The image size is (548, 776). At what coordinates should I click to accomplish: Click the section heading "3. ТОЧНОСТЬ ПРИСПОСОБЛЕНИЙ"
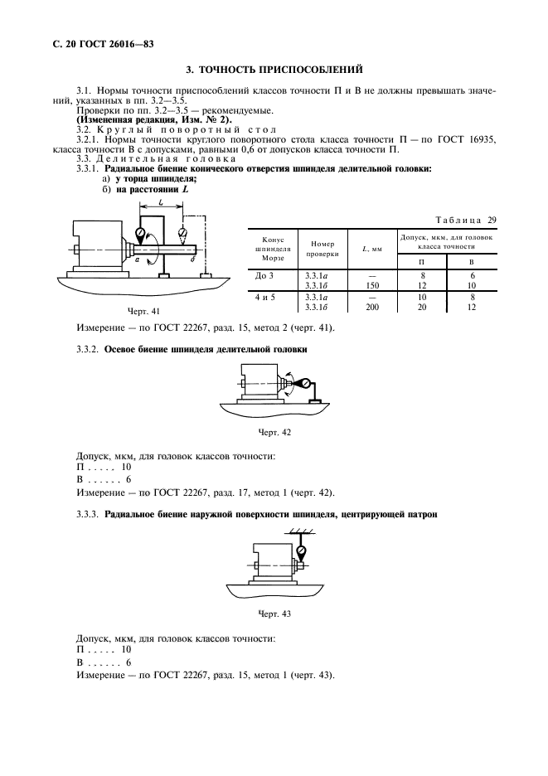pos(274,69)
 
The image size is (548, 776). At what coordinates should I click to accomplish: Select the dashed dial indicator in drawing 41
pos(182,234)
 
